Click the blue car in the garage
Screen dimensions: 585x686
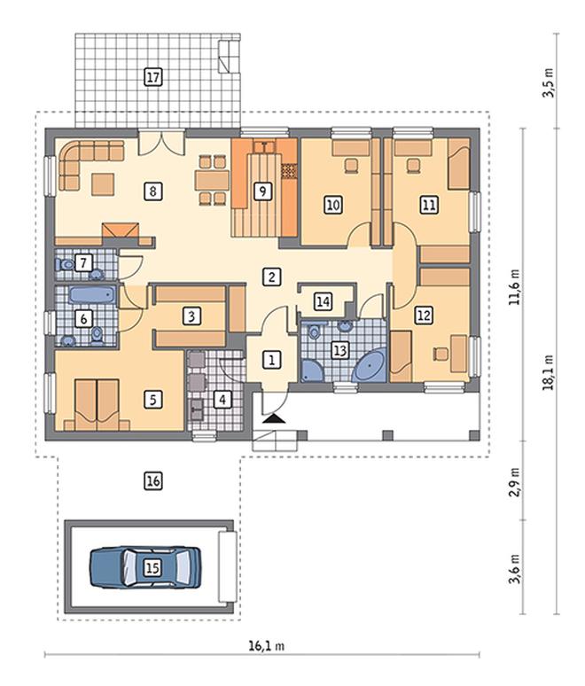point(145,567)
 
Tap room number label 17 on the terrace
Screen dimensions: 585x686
point(152,77)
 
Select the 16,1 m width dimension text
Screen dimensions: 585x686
point(267,646)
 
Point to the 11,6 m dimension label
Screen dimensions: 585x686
point(516,286)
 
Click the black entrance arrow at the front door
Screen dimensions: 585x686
point(274,418)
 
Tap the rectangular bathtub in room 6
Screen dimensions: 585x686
point(92,294)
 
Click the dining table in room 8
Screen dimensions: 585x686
point(212,179)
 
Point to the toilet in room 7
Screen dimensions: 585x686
point(65,264)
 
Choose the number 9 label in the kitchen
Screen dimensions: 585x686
point(262,191)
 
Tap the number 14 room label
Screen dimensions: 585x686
point(324,301)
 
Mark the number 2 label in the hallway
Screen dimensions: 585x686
point(272,277)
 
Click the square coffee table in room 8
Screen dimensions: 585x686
point(103,183)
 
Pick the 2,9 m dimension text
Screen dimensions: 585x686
point(516,481)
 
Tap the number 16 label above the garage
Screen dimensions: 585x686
point(153,481)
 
